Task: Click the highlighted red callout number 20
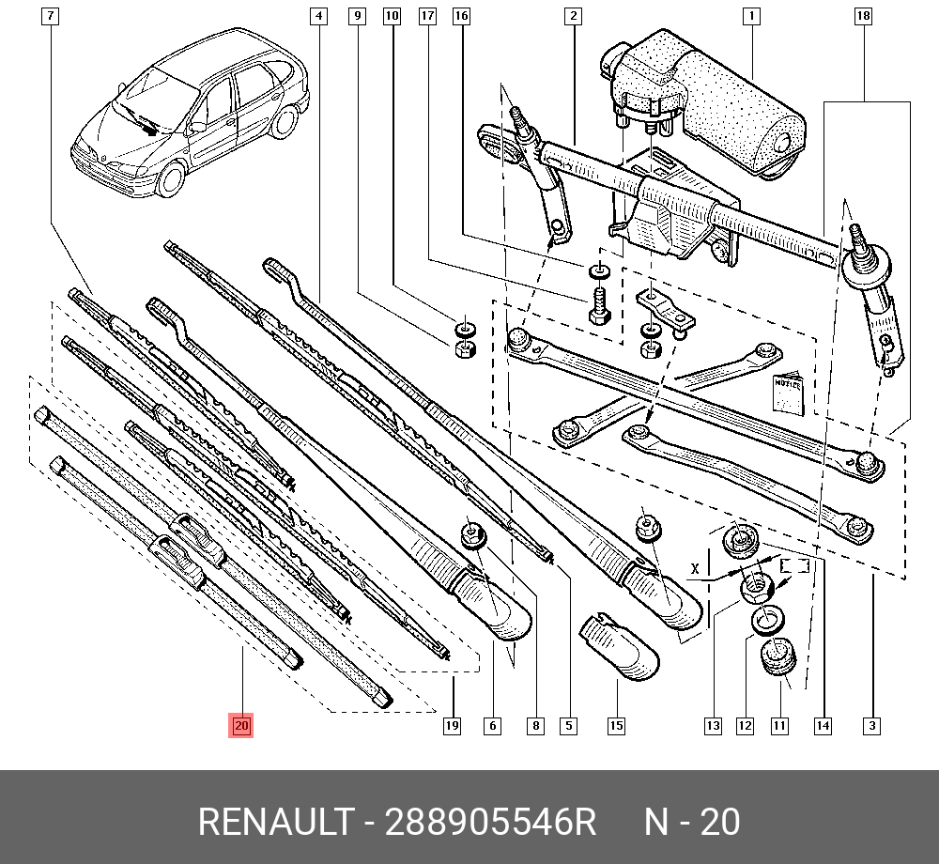click(x=242, y=725)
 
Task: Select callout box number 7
click(x=51, y=16)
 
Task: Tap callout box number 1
click(x=751, y=16)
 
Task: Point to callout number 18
click(x=864, y=16)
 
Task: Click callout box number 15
click(x=616, y=725)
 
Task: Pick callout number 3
click(x=872, y=725)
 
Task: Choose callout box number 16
click(x=460, y=16)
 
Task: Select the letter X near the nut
click(x=695, y=569)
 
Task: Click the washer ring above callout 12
click(x=769, y=621)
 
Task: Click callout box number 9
click(x=356, y=16)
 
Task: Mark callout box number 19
click(x=453, y=725)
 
